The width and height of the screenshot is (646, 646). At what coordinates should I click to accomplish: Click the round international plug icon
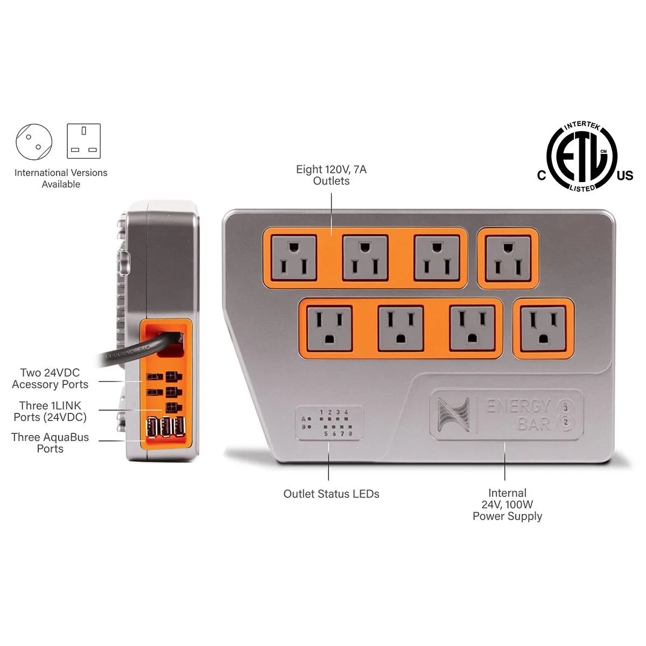coord(34,141)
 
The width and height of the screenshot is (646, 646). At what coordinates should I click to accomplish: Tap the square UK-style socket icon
coord(83,141)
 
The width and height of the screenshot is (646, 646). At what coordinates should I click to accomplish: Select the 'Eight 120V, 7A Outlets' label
coord(331,175)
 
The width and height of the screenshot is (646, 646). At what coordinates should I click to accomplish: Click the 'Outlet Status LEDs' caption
coord(331,494)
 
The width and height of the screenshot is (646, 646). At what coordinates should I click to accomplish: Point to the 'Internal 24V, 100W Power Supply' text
coord(507,504)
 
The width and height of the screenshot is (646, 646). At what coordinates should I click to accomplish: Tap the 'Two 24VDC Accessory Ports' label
coord(50,378)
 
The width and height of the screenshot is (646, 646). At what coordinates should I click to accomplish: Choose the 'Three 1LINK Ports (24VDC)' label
coord(50,411)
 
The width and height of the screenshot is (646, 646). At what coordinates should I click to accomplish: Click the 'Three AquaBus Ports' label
coord(50,443)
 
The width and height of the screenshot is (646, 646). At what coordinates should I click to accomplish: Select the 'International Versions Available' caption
coord(61,178)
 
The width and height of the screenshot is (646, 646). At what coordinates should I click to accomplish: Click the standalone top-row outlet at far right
coord(508,258)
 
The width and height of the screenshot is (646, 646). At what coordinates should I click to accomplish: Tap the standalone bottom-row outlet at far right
coord(543,328)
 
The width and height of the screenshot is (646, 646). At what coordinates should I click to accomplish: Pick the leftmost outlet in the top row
coord(293,258)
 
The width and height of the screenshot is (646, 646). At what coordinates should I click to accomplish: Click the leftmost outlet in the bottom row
coord(329,328)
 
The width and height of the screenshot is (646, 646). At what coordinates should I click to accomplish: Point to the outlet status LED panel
coord(329,423)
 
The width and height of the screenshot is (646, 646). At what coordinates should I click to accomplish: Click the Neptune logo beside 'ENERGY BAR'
coord(453,415)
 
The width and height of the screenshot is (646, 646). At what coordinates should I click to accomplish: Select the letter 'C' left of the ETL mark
coord(542,175)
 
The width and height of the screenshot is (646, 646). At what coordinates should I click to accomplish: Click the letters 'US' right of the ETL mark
coord(625,175)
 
